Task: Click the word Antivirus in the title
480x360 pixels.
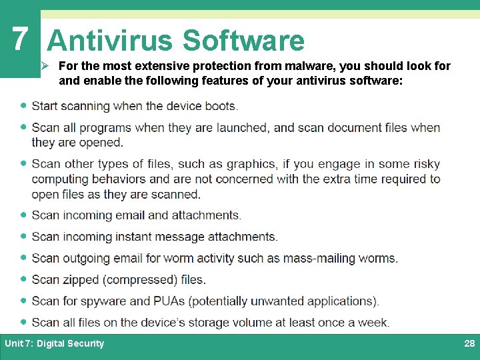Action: click(x=110, y=41)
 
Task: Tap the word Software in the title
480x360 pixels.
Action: click(x=243, y=41)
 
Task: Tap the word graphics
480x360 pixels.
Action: click(x=251, y=164)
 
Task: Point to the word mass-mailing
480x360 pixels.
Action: click(x=317, y=258)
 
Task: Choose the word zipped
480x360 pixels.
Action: click(x=81, y=279)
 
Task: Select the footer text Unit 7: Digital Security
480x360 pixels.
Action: click(x=55, y=343)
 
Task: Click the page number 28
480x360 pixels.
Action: click(x=469, y=343)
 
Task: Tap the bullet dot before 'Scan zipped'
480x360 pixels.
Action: click(x=24, y=279)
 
